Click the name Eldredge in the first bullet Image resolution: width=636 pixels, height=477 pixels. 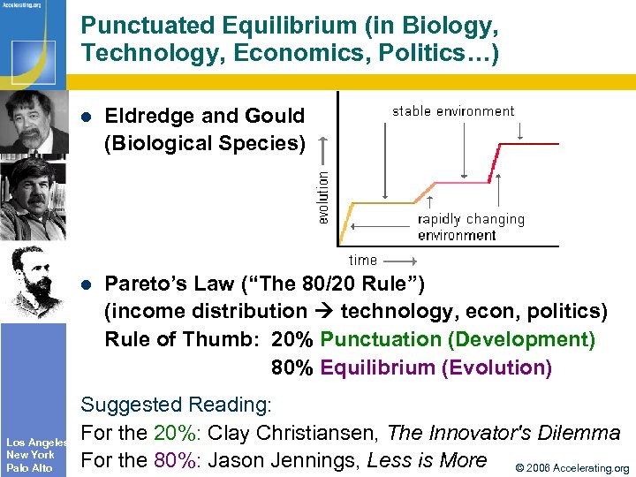(x=156, y=116)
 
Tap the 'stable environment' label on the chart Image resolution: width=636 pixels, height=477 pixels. (x=453, y=111)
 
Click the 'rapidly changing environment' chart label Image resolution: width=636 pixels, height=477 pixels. (x=470, y=227)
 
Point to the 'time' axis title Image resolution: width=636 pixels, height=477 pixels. (x=363, y=260)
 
